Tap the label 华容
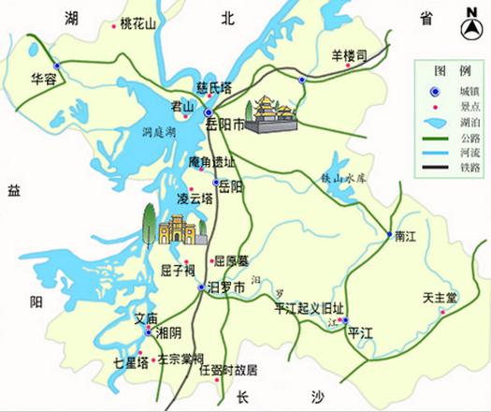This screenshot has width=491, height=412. pos(44,79)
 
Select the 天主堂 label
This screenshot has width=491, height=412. pos(439,298)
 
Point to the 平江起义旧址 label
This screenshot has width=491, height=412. pos(309,309)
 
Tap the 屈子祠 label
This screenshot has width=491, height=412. pos(177,272)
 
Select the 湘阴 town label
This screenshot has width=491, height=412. pos(169,333)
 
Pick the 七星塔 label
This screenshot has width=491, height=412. pos(130,363)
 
